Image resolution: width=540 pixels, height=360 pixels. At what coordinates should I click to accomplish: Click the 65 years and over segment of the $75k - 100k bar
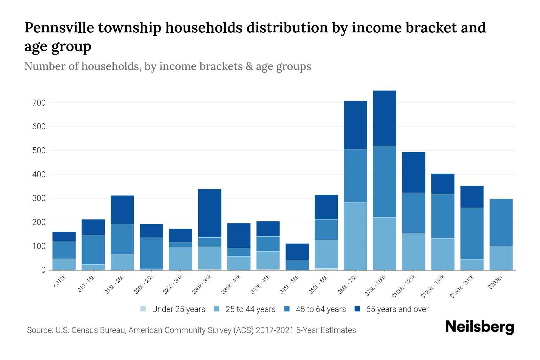384,118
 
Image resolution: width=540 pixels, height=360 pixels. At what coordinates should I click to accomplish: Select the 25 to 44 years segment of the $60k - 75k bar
355,236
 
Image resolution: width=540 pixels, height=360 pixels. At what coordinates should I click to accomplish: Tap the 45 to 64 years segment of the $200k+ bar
501,222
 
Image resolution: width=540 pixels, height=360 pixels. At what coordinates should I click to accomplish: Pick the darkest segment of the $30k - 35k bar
210,213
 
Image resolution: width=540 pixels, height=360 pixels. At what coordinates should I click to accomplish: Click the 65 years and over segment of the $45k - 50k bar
297,252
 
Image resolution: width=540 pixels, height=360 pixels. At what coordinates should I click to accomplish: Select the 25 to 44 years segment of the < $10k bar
64,264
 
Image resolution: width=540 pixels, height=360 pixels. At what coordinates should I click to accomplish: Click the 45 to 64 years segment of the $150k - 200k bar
472,233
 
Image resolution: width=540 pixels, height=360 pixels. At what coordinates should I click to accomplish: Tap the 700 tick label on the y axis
39,103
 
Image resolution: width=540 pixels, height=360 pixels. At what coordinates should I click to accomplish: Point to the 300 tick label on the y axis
39,199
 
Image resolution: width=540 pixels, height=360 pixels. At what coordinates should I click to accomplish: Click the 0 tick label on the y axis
43,270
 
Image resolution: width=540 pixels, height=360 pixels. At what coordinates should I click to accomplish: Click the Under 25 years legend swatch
143,309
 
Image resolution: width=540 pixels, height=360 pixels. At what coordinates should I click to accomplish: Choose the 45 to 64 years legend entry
320,309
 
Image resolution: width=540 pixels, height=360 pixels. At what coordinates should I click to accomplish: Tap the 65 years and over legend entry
397,309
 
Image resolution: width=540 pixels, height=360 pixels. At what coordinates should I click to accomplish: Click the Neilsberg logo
479,327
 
